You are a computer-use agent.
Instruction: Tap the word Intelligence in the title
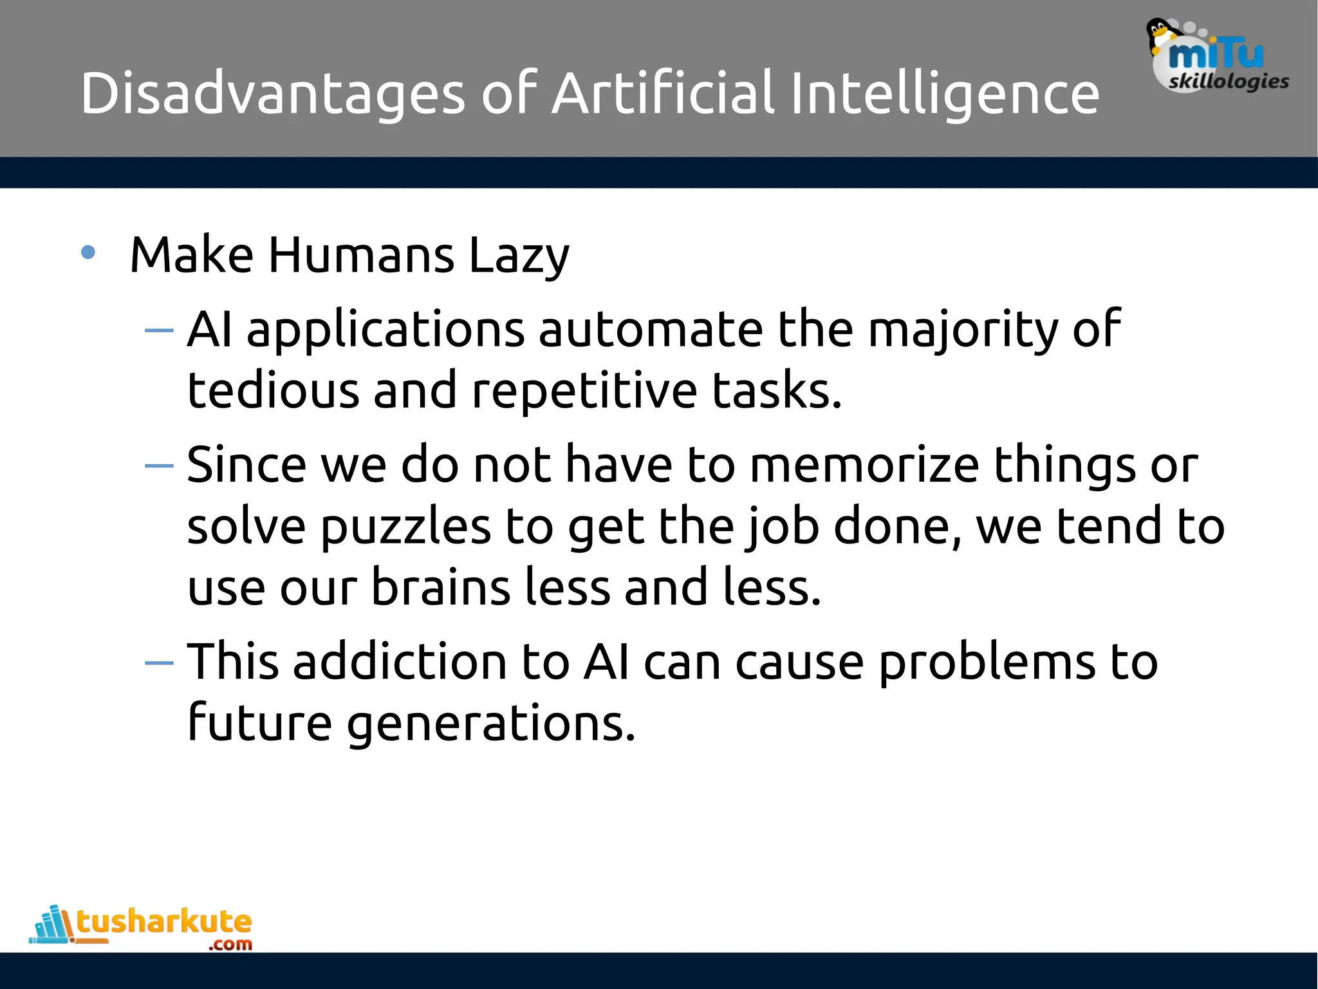point(944,94)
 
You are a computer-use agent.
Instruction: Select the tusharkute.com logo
point(142,927)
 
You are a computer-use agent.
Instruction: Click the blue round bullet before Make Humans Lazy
point(88,253)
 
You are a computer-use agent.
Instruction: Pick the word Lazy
point(519,256)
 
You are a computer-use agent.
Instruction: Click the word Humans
point(361,255)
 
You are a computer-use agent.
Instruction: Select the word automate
point(651,330)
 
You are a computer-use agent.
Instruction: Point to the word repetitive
point(584,391)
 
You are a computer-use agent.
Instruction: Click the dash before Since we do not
point(159,466)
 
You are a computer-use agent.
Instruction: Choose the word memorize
point(864,465)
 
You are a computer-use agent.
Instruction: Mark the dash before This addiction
point(159,663)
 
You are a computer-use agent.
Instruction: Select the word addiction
point(400,661)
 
